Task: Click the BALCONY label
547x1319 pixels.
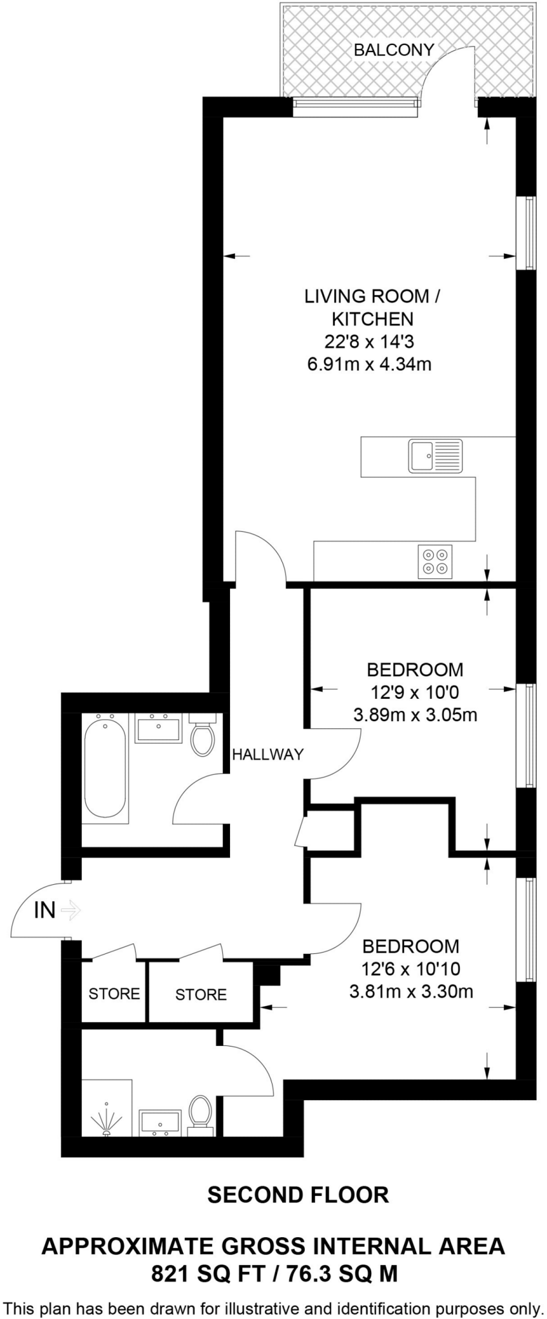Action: pos(394,50)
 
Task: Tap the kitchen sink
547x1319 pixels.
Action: pos(435,456)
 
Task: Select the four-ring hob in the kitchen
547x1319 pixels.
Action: pos(435,561)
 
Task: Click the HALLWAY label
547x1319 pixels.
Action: pos(267,754)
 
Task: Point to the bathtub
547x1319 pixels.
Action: pos(105,768)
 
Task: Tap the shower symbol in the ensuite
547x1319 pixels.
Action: pos(106,1121)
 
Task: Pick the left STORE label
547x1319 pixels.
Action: pos(114,994)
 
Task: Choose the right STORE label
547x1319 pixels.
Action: pos(201,995)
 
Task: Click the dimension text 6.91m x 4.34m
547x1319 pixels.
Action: pos(369,365)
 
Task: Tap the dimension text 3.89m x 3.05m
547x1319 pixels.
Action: pos(415,715)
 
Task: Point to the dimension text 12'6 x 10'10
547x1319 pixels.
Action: pos(411,969)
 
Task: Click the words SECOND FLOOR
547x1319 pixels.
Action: pos(298,1195)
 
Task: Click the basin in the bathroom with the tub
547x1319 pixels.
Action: pos(158,728)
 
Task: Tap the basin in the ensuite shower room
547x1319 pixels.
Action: pos(158,1122)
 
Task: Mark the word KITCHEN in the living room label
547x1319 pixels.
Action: pos(372,319)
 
